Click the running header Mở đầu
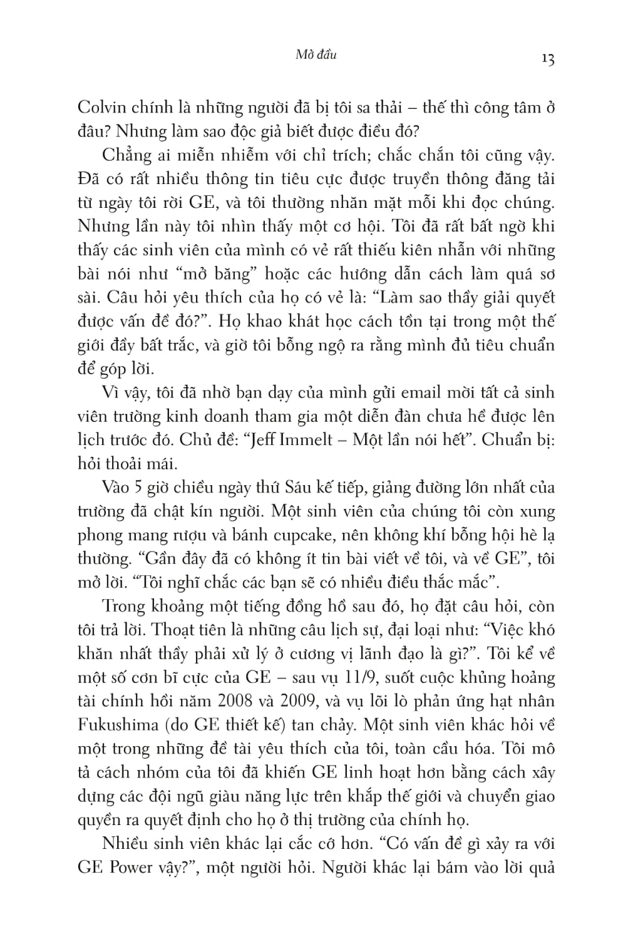[x=316, y=54]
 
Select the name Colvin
[x=101, y=107]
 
